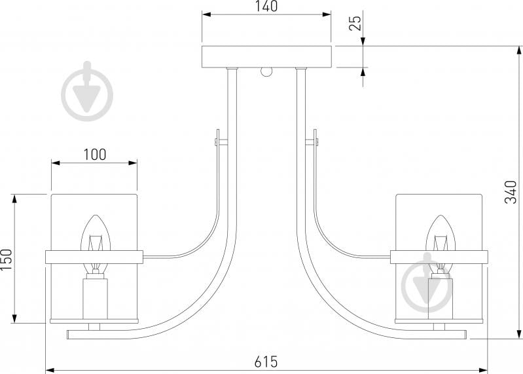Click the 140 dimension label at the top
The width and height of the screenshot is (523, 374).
point(267,6)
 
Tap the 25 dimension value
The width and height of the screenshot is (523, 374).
point(355,23)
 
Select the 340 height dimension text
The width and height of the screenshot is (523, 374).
point(511,192)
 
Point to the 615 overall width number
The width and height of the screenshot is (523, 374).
point(266,362)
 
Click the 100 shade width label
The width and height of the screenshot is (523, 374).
point(95,155)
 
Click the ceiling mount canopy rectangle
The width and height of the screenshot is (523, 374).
point(267,57)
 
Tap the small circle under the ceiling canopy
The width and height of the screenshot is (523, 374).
point(267,72)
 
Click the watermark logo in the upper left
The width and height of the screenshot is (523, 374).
point(88,91)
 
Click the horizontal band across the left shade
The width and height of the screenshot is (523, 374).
point(94,257)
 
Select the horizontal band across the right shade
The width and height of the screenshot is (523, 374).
point(439,257)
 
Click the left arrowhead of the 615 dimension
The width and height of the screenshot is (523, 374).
point(50,370)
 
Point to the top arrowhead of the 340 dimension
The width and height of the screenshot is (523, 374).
point(519,50)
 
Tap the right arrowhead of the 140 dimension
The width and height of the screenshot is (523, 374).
point(327,14)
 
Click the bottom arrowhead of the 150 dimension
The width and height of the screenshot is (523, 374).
point(14,318)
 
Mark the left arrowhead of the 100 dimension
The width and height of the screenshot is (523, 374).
point(56,163)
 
